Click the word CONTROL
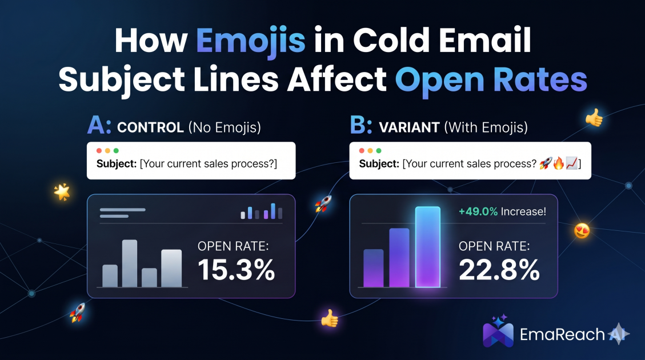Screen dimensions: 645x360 (x=150, y=127)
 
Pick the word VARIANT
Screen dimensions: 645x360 (x=409, y=127)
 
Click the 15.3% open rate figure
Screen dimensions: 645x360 (x=236, y=270)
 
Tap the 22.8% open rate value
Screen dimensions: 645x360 (x=499, y=270)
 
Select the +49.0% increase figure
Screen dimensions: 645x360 (x=478, y=211)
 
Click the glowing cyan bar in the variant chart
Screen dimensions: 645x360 (x=428, y=247)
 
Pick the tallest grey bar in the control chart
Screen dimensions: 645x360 (x=130, y=263)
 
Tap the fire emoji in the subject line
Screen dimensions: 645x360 (x=559, y=163)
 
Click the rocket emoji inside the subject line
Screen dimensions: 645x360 (x=546, y=163)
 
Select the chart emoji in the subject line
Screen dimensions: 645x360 (x=571, y=163)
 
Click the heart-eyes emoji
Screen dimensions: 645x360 (x=582, y=230)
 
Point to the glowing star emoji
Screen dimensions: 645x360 (x=62, y=192)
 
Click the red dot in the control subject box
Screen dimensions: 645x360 (x=99, y=151)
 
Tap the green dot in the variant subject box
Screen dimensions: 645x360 (x=379, y=151)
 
